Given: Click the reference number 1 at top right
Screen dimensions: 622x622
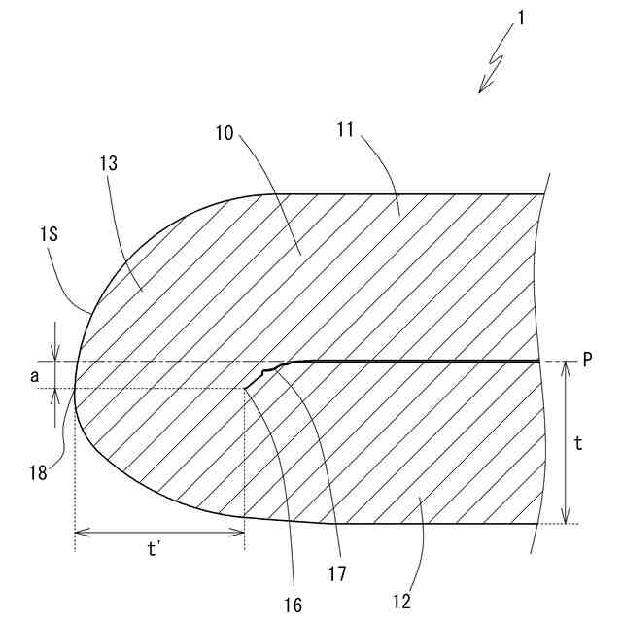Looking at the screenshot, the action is coord(523,17).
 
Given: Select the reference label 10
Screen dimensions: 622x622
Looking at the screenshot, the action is coord(225,132).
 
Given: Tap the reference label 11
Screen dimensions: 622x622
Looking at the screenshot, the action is coord(372,132).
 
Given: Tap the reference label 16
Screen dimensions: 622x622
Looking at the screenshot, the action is coord(294,605).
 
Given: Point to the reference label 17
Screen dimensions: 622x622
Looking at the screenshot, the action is coord(338,574).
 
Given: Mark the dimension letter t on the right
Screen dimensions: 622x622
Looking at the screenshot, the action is coord(579,444).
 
